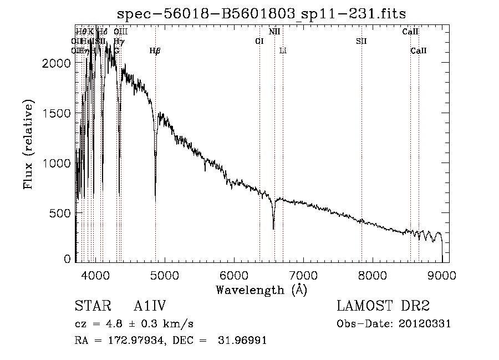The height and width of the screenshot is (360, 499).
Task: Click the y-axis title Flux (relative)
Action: (x=28, y=144)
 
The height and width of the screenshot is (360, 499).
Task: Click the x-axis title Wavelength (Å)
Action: (x=261, y=290)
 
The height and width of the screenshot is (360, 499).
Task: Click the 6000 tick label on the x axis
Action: (x=233, y=275)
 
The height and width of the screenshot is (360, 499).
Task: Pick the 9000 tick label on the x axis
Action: (x=442, y=275)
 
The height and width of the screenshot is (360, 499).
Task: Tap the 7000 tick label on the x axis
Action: (x=303, y=275)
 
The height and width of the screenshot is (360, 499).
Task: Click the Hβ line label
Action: (x=155, y=51)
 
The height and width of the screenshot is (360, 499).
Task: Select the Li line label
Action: (x=283, y=51)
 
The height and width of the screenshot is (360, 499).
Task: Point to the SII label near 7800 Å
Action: (x=361, y=41)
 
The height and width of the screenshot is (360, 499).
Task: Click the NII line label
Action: (x=274, y=32)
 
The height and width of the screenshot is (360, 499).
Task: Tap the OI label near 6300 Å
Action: (x=259, y=41)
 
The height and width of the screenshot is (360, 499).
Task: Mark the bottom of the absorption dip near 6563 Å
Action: (x=273, y=228)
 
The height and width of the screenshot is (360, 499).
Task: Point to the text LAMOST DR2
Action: (x=383, y=307)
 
